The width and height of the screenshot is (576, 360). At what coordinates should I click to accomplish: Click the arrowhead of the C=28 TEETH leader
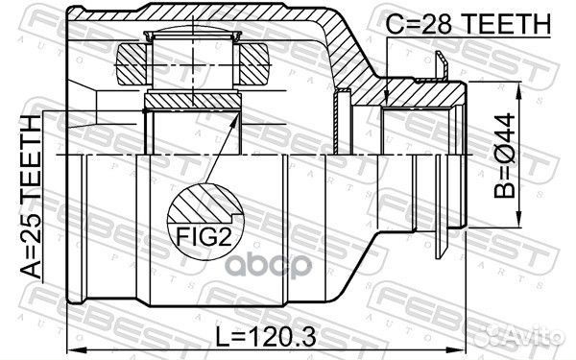pyautogui.click(x=386, y=100)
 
